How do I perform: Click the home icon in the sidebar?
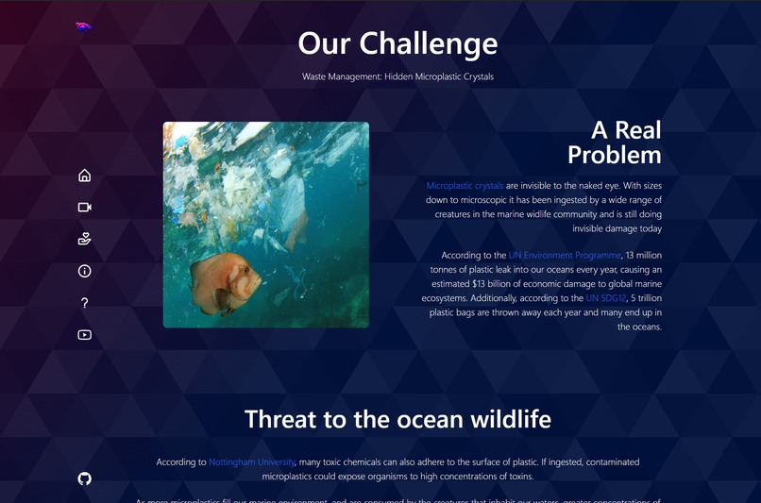tap(84, 175)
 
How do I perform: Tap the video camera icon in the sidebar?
tap(84, 207)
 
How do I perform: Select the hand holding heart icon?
tap(84, 239)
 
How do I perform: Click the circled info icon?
tap(84, 271)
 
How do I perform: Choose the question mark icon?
tap(84, 303)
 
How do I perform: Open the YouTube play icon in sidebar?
tap(84, 335)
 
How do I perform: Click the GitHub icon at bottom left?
tap(84, 478)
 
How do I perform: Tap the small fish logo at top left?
tap(84, 27)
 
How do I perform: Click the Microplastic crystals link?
tap(465, 186)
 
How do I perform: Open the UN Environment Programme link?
tap(565, 255)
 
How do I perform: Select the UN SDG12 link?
tap(606, 298)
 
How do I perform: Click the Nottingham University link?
tap(252, 462)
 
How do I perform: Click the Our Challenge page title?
tap(397, 43)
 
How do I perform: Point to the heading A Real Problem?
tap(614, 143)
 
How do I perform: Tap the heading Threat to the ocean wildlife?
tap(397, 419)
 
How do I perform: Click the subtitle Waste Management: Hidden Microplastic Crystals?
tap(397, 76)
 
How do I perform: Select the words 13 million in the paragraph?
tap(645, 255)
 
